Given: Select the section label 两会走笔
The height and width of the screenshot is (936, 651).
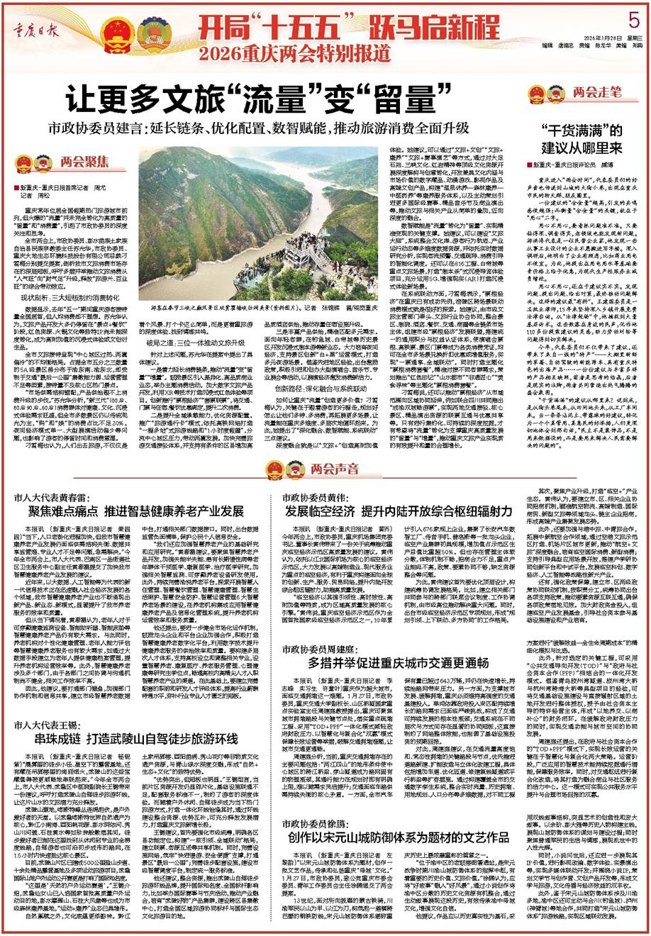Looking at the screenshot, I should pos(595,92).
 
